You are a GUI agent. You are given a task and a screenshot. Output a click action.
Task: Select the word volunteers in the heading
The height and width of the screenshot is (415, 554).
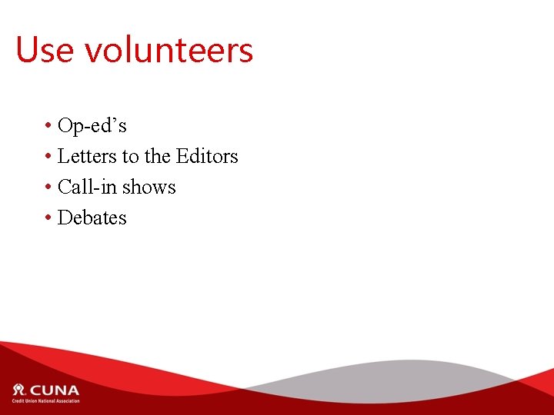169,51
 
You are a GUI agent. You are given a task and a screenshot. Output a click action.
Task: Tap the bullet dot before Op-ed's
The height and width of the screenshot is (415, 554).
48,126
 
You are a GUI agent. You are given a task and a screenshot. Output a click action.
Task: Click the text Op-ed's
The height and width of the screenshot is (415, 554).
92,125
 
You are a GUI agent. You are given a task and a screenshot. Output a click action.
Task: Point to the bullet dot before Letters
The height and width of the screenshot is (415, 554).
48,157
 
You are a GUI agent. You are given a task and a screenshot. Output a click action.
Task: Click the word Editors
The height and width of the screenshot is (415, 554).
207,156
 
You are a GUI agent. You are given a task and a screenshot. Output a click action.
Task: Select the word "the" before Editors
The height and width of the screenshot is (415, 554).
157,156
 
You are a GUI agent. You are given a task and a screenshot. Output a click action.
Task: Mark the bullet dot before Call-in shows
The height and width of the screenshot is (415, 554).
48,188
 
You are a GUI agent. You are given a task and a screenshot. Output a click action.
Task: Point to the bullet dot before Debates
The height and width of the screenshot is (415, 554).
48,218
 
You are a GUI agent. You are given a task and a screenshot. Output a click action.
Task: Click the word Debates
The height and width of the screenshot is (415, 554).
92,217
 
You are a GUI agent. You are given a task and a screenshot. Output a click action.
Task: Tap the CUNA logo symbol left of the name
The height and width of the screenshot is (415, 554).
19,390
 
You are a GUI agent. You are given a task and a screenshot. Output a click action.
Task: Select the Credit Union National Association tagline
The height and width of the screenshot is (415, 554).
45,400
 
